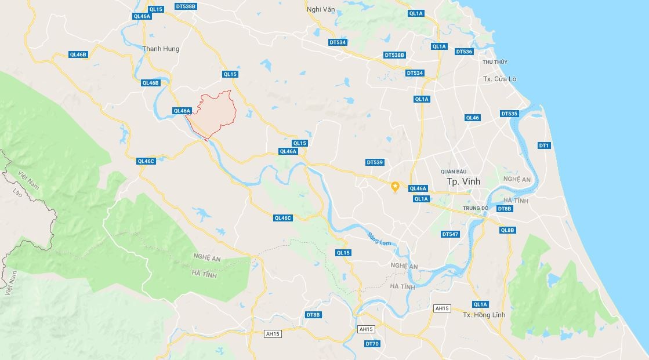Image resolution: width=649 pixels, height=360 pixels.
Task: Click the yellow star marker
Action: (395, 186)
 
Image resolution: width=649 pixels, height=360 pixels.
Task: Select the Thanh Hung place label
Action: (161, 49)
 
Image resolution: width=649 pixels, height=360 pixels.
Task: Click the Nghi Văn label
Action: (321, 9)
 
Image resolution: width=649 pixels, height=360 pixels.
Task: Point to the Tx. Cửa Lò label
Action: (499, 78)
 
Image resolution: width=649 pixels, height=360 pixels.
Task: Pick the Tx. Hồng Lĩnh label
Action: (484, 315)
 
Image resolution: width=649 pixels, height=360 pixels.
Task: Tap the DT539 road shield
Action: (375, 162)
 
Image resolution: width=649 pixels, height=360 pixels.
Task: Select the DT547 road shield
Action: (450, 234)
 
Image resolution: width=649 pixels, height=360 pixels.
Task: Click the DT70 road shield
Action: (372, 344)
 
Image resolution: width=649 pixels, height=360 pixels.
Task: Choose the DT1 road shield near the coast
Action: (543, 145)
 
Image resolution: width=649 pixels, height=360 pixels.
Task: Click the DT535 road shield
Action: (509, 114)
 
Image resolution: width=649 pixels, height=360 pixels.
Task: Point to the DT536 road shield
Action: (464, 52)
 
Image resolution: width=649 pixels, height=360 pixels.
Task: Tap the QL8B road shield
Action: (507, 230)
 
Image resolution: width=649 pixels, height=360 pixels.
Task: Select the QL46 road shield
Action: (472, 118)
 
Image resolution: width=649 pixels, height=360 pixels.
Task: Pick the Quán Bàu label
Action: (454, 171)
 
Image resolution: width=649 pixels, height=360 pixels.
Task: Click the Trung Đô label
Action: (476, 208)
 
